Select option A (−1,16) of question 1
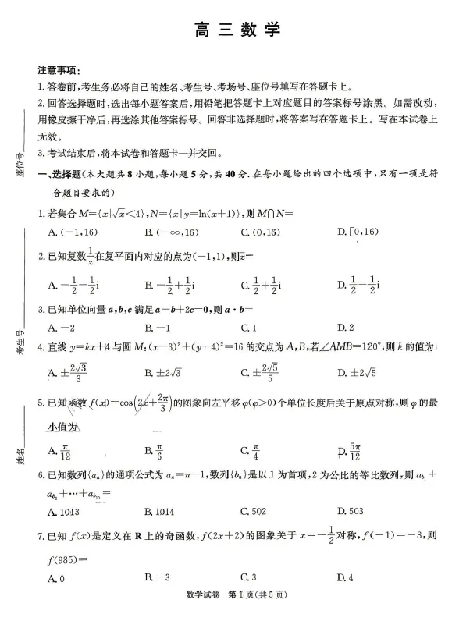coord(69,232)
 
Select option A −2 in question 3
coord(61,328)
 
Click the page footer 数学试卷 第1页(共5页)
coord(226,606)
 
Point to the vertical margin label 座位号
coord(20,166)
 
